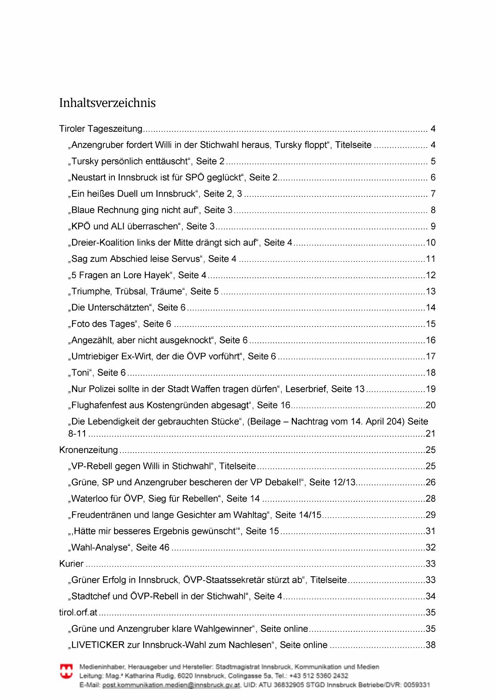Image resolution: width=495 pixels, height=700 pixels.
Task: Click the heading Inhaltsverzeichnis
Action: click(x=107, y=103)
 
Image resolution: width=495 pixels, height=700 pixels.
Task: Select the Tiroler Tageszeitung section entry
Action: click(x=101, y=129)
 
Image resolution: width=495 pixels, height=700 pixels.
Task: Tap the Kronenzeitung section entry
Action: click(x=89, y=450)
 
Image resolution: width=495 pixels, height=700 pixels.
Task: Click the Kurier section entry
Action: click(x=71, y=564)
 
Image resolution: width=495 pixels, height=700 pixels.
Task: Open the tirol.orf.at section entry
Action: click(x=78, y=613)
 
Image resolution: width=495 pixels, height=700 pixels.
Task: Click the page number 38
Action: click(x=431, y=645)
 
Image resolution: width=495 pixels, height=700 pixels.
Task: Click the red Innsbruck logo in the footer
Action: click(x=66, y=671)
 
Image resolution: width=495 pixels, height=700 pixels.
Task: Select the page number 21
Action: click(x=431, y=434)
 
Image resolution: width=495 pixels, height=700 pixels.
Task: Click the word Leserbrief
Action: click(x=307, y=389)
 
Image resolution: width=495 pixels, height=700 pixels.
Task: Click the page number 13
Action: click(x=431, y=292)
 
